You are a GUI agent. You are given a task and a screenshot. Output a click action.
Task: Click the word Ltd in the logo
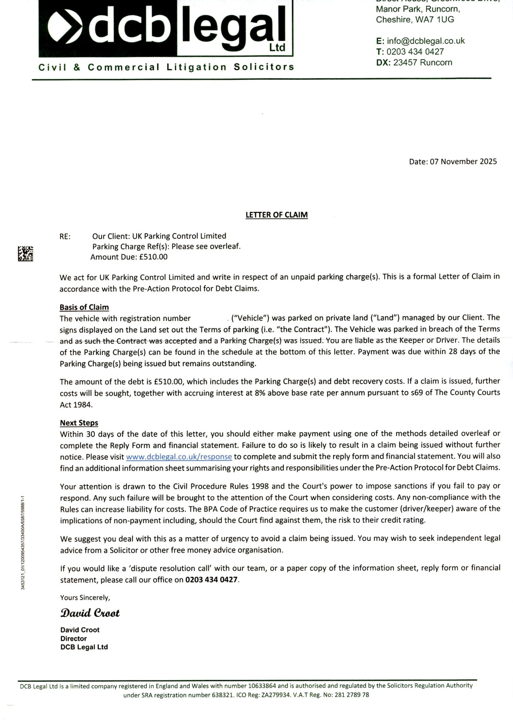click(x=277, y=48)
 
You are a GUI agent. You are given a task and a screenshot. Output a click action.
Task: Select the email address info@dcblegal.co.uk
click(x=426, y=41)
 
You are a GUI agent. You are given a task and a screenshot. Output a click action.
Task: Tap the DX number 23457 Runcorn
click(x=423, y=62)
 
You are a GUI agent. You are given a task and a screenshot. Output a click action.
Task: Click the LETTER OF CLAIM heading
click(x=277, y=215)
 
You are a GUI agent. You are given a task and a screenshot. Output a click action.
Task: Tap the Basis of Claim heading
click(x=84, y=307)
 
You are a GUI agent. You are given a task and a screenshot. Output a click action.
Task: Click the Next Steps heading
click(x=79, y=422)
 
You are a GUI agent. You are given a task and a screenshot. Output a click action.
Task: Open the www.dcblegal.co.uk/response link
click(x=179, y=456)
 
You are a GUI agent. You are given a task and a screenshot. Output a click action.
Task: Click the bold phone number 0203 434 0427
click(x=212, y=580)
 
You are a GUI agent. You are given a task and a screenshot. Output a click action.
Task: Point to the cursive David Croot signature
click(x=90, y=613)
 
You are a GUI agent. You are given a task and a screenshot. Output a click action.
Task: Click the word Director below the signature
click(x=73, y=638)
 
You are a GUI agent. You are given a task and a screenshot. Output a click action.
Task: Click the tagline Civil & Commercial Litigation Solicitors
click(x=166, y=67)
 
